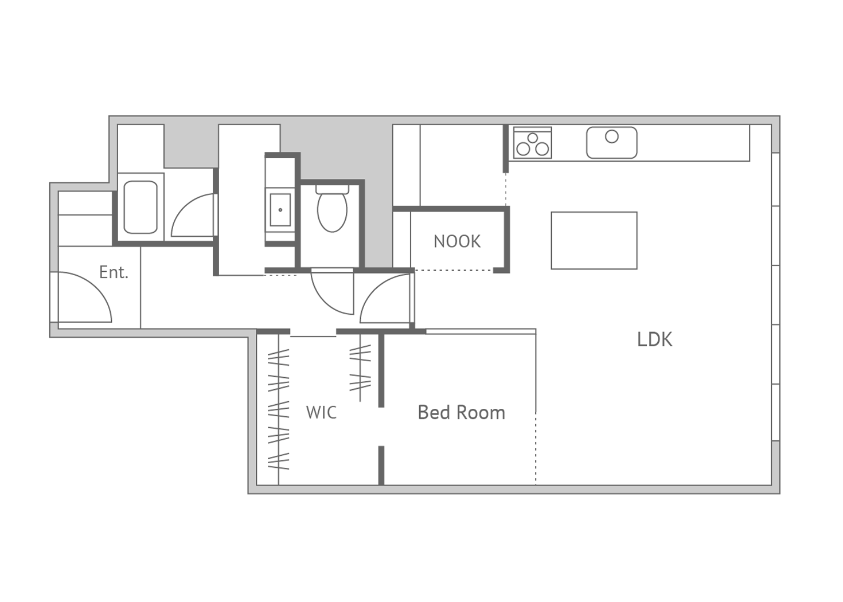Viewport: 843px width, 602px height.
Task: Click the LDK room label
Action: click(654, 339)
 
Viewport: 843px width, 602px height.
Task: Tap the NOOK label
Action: click(457, 241)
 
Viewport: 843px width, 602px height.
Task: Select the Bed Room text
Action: click(462, 412)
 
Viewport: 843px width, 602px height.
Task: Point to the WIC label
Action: click(321, 412)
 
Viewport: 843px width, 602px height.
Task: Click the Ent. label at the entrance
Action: click(114, 272)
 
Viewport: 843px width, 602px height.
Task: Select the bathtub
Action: click(140, 208)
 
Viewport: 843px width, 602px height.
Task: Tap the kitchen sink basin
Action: click(611, 143)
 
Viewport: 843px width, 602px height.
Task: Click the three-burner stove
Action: click(533, 143)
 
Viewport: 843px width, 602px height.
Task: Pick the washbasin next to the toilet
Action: click(280, 210)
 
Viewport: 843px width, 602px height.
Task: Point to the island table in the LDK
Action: click(594, 240)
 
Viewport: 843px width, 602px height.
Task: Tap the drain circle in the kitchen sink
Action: click(611, 136)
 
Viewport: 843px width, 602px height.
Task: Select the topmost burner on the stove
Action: click(533, 138)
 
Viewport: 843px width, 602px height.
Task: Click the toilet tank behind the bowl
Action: click(332, 189)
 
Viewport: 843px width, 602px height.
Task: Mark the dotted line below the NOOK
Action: click(454, 270)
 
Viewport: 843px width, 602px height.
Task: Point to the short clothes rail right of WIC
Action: click(360, 368)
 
